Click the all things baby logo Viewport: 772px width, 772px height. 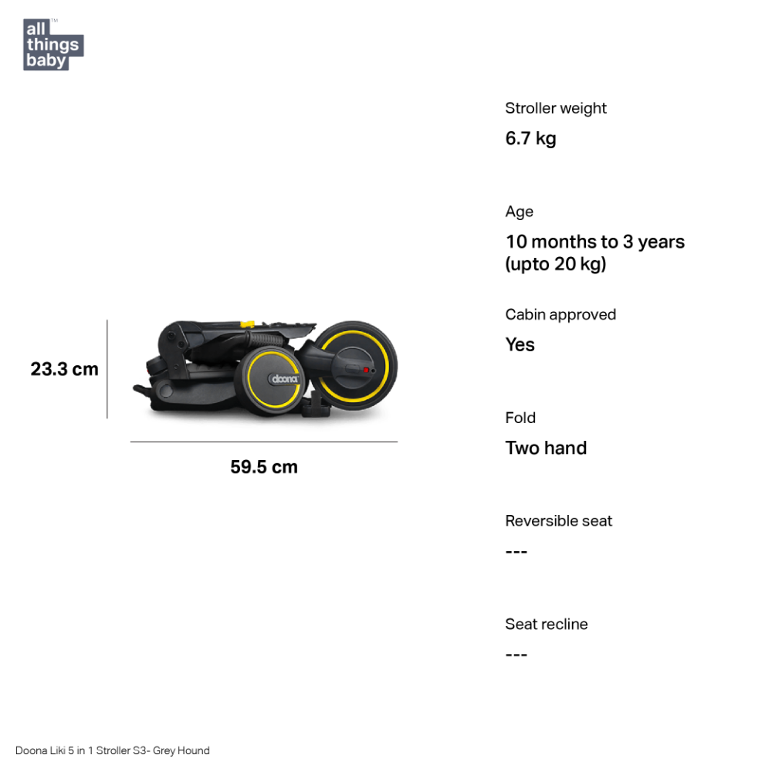pos(53,45)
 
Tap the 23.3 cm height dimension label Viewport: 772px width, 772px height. pos(65,369)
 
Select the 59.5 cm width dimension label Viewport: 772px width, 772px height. pos(264,467)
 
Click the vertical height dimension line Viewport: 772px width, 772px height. pos(107,369)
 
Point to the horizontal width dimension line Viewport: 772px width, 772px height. pos(264,442)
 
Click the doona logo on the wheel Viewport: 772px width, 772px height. pos(285,378)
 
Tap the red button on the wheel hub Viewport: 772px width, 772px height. pos(366,370)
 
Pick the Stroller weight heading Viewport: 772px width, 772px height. pos(556,108)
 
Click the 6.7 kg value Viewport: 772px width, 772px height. pos(531,138)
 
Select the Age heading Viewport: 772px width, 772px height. pos(520,212)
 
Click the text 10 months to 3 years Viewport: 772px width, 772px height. pos(595,242)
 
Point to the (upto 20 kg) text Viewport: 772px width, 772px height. pos(556,264)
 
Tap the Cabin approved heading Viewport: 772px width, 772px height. pos(560,315)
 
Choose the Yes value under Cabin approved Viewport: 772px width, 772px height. pos(520,344)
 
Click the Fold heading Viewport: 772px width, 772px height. pos(520,418)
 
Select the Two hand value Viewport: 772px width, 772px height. pos(546,448)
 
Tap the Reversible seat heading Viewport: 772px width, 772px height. pos(559,521)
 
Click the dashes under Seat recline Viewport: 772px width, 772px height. pos(516,655)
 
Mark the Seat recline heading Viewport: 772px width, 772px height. pos(547,625)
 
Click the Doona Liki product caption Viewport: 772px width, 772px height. pos(112,750)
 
